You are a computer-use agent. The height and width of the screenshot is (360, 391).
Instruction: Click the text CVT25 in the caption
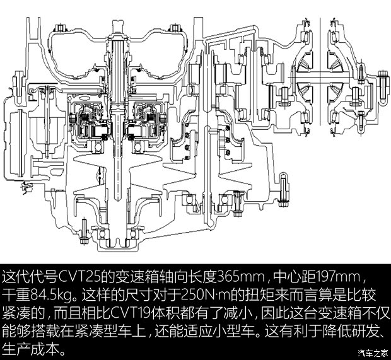tap(78, 276)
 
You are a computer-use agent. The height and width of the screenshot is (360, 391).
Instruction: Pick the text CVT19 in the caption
tap(131, 313)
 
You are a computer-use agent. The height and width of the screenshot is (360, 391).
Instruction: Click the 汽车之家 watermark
tap(373, 353)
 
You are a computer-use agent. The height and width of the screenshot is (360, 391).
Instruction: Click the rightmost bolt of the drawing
tap(383, 88)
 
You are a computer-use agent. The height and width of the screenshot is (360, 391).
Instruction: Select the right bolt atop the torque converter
tap(174, 28)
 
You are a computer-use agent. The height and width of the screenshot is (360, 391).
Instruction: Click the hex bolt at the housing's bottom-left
tap(83, 233)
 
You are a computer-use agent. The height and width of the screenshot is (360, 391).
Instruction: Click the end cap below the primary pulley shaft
tap(118, 245)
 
